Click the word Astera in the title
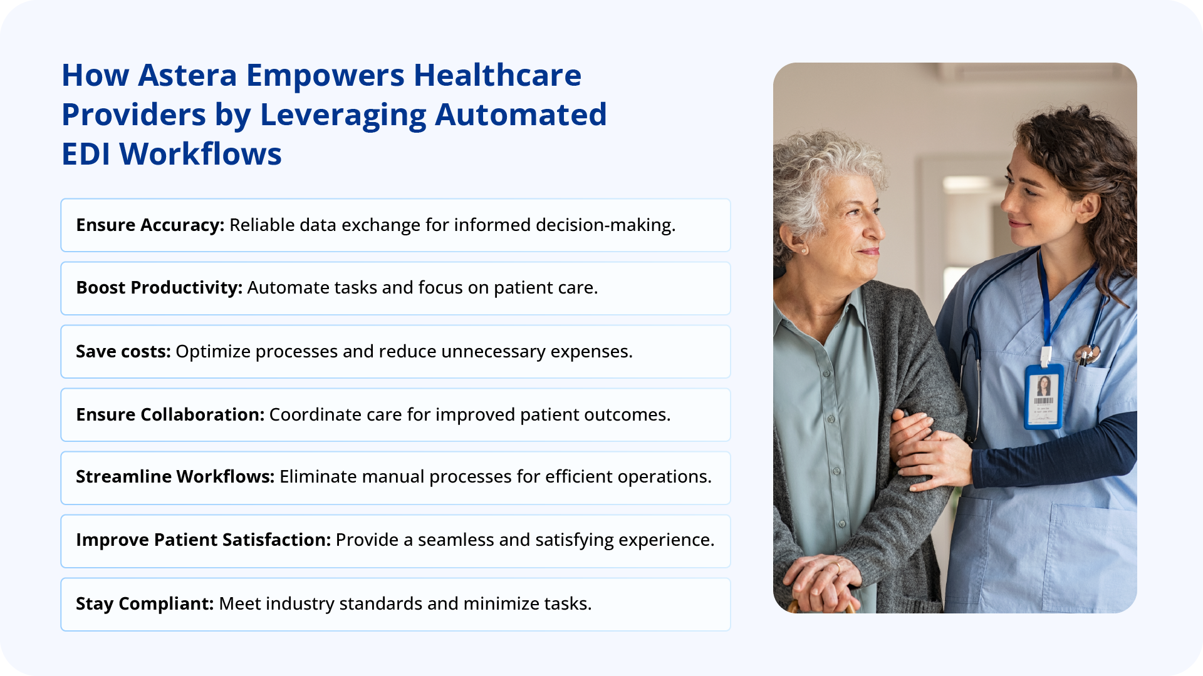[187, 76]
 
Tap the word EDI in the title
[86, 155]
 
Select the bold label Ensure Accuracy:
[150, 225]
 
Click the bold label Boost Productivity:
[159, 288]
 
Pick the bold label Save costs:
[123, 352]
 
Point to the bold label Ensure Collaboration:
[170, 415]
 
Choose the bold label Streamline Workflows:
[175, 477]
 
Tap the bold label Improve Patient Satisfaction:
[203, 540]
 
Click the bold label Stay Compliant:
[145, 604]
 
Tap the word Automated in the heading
[521, 115]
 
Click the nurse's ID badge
[1043, 397]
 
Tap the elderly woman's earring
[804, 250]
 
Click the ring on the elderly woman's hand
[838, 567]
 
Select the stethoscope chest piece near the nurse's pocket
[1086, 356]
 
